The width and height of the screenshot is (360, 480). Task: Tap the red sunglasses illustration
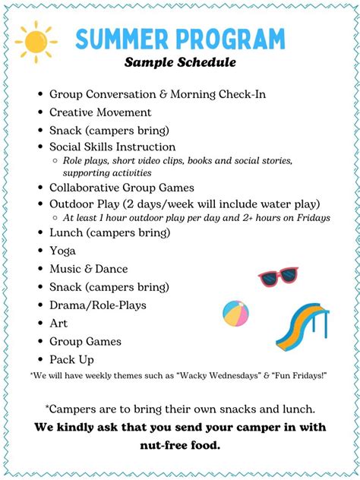[278, 276]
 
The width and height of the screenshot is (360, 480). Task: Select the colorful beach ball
[236, 313]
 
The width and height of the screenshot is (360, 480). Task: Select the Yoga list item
[62, 251]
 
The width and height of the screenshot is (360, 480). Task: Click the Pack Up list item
[71, 360]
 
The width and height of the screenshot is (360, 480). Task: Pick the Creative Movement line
[100, 112]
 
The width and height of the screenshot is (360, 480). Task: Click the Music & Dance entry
[88, 269]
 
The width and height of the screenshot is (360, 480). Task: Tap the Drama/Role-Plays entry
[97, 305]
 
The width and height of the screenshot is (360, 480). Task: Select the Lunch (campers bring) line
[109, 232]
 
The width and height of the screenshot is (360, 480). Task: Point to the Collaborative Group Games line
[122, 188]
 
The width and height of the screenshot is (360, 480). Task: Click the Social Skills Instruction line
[112, 147]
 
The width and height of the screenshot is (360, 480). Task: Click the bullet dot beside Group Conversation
[39, 95]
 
